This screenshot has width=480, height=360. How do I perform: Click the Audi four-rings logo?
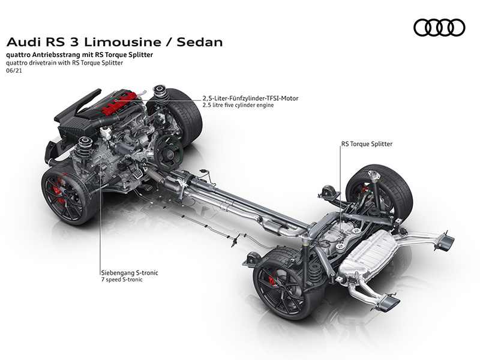click(x=439, y=28)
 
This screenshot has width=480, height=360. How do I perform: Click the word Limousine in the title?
click(x=122, y=42)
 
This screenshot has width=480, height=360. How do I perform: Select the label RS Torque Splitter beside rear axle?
click(x=367, y=144)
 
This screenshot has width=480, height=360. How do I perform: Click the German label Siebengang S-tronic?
click(x=130, y=272)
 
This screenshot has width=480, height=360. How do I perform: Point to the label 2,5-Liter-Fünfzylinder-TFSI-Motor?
click(x=250, y=98)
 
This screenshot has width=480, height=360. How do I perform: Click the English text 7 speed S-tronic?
click(x=122, y=280)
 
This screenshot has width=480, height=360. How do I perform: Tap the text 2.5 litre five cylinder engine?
click(x=238, y=105)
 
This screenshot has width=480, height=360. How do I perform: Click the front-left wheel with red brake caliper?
click(x=69, y=196)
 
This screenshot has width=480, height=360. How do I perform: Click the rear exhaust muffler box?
click(x=369, y=254)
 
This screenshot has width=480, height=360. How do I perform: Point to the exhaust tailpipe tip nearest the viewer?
click(x=389, y=302)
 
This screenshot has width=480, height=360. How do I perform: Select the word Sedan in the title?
click(x=200, y=42)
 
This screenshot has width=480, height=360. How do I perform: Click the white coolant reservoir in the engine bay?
click(x=105, y=132)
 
